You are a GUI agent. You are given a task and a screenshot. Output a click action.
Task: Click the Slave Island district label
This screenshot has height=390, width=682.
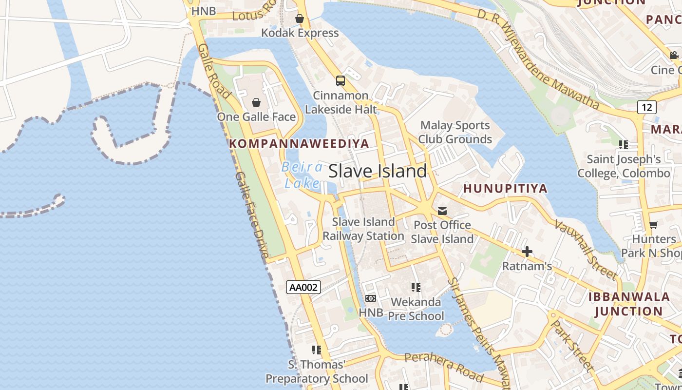point(378,171)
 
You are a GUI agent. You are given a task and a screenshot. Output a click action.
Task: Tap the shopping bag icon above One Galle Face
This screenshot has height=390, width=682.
point(256,102)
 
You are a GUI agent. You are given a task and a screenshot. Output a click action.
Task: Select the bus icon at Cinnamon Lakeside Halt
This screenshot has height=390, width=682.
point(341,81)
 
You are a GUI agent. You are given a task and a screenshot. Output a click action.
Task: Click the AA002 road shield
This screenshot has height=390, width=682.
point(303,287)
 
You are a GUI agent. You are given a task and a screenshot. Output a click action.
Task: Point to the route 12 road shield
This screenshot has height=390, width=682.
point(646,107)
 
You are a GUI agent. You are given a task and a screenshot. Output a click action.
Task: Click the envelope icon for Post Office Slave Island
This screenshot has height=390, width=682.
point(442,211)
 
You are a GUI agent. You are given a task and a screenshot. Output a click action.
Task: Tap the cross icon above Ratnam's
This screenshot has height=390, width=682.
point(527,252)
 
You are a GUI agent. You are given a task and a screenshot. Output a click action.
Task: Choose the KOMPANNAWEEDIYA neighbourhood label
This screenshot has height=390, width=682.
point(299,143)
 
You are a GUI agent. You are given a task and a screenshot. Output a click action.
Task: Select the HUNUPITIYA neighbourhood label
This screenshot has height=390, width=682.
point(505,188)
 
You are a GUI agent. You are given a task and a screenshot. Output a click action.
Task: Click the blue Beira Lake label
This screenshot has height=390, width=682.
point(302,175)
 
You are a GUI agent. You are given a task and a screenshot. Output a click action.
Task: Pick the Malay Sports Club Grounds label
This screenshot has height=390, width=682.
point(455,132)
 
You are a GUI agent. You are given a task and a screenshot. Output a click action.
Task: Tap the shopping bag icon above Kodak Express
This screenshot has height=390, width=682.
point(300,19)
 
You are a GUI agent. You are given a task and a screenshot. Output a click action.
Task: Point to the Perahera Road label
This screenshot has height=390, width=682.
point(444,367)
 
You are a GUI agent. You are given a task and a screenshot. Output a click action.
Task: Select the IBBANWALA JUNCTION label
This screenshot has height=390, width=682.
point(629,304)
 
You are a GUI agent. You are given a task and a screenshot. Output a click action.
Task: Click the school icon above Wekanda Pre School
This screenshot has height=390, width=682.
point(416,288)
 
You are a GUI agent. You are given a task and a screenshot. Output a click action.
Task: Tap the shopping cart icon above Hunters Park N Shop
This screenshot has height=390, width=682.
point(653,225)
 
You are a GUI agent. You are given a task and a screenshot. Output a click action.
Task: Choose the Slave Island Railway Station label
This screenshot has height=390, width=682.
point(363,229)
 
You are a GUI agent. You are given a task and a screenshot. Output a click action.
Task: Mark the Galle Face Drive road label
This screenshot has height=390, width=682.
point(252,214)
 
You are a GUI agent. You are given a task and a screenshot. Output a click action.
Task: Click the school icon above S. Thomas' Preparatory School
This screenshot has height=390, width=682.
point(317,350)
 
